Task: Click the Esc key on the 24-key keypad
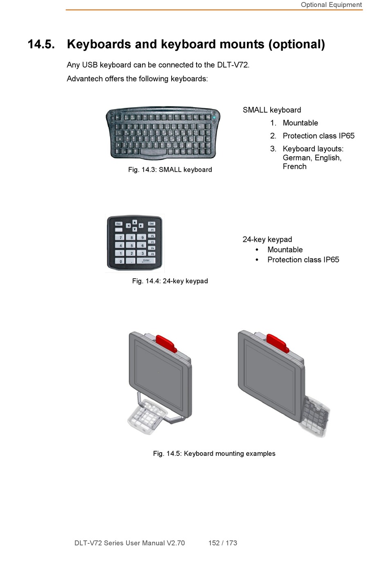[118, 224]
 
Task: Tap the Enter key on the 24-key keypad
[146, 261]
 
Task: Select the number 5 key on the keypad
[131, 245]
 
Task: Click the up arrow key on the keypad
[134, 222]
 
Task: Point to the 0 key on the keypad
[120, 261]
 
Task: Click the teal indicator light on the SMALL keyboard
[214, 117]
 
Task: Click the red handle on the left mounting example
[167, 343]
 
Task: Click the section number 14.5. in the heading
[41, 44]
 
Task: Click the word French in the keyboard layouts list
[294, 166]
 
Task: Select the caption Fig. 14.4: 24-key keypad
[170, 281]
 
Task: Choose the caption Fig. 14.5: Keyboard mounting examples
[214, 454]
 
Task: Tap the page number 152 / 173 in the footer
[223, 543]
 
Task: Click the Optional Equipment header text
[331, 5]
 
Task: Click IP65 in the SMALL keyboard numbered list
[346, 136]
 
